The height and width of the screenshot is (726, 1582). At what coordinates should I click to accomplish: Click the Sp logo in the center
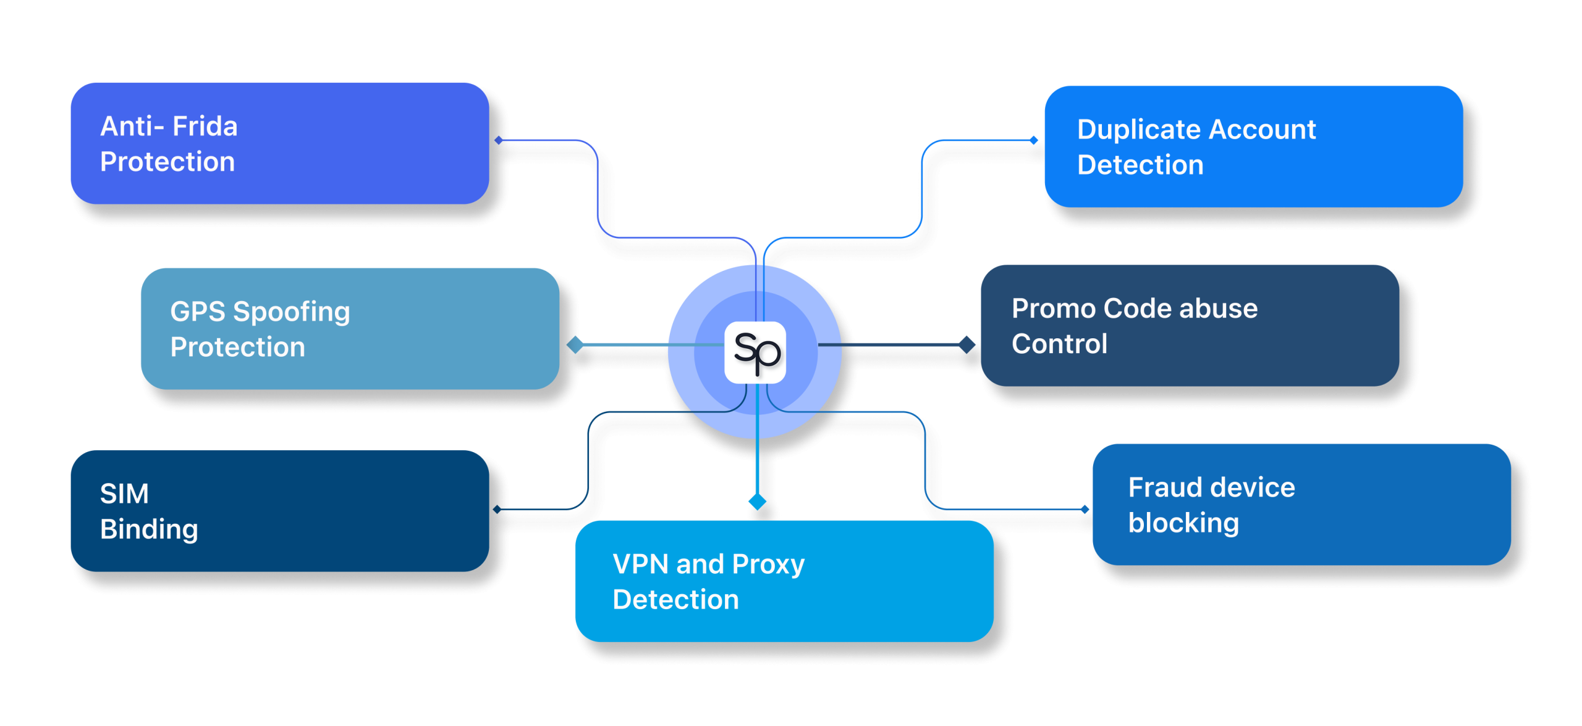755,352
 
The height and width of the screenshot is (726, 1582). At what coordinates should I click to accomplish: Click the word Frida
205,127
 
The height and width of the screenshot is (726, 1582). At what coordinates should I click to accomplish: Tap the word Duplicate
1139,130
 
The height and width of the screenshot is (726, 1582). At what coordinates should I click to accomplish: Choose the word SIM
124,494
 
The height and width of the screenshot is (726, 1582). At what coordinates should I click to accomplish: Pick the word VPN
640,565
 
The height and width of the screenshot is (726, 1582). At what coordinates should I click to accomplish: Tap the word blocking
1183,524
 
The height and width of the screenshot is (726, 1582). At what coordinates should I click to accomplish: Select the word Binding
149,530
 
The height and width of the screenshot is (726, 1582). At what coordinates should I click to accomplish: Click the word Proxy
768,565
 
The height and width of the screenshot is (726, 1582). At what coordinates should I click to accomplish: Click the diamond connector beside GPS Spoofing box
575,344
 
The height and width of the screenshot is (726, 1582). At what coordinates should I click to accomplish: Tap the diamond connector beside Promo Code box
967,344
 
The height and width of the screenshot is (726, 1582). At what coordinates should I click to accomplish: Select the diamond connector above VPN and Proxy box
757,501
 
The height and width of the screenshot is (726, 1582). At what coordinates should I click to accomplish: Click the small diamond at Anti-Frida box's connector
499,140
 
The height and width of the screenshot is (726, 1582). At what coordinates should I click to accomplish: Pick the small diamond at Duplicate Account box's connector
1034,140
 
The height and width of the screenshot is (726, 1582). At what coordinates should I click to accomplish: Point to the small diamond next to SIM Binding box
497,510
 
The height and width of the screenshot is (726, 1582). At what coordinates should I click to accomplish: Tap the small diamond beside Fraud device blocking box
1085,510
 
